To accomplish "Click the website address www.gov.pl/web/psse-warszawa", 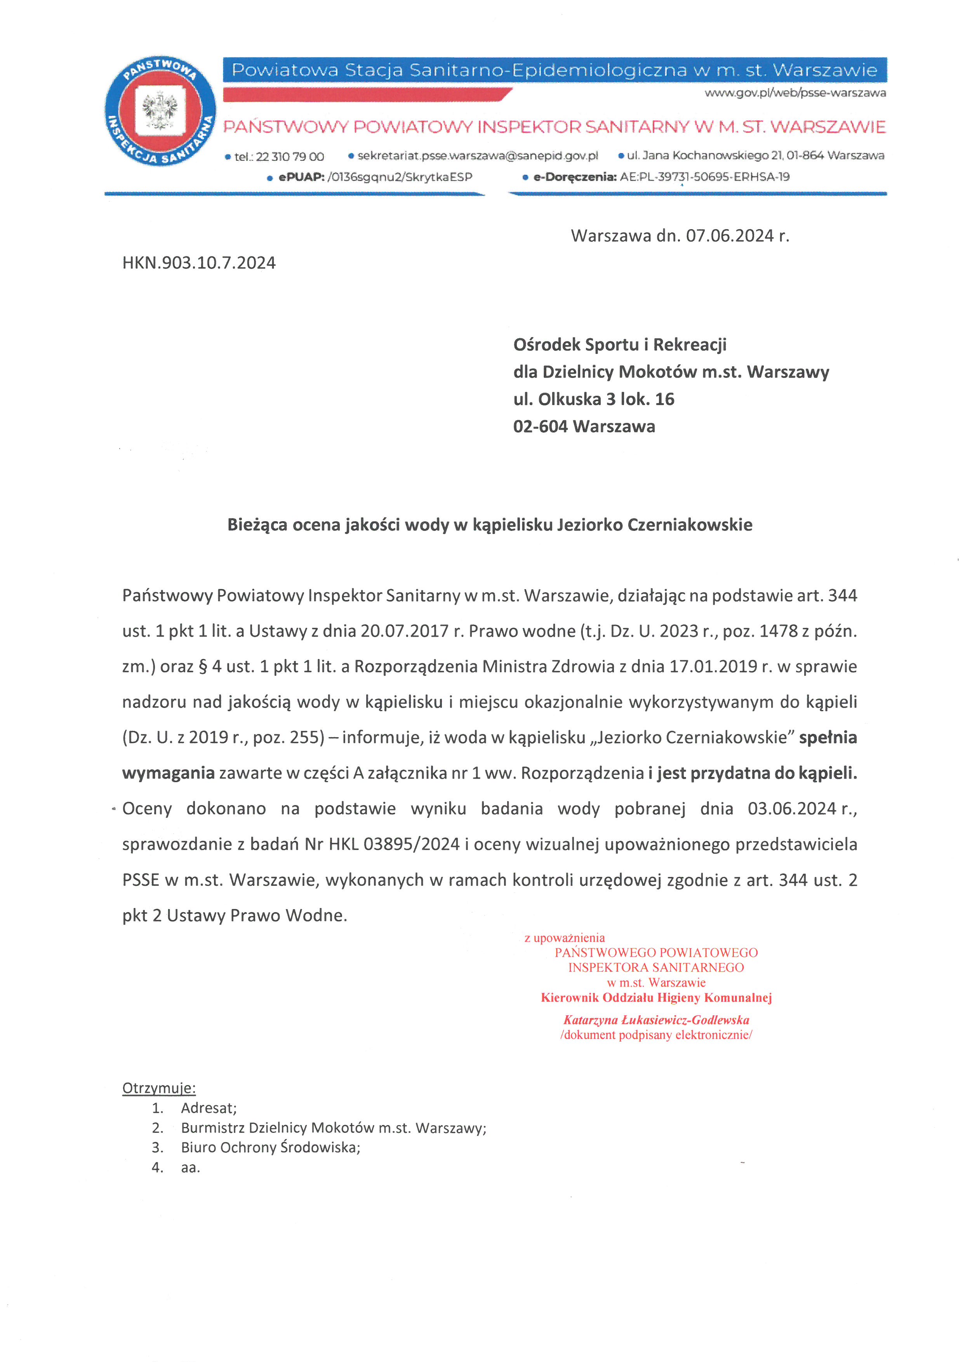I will pos(794,93).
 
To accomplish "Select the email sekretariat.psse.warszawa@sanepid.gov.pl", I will pos(477,155).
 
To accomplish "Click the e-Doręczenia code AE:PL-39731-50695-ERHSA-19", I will pos(704,177).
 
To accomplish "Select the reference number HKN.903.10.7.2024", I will pos(199,263).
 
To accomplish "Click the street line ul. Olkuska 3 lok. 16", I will pos(594,399).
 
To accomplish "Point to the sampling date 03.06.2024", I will pos(792,809).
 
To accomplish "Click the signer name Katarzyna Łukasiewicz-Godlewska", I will pos(656,1020).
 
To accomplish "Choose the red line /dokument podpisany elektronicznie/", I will pos(656,1035).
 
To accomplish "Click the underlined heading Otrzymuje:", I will pos(159,1088).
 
